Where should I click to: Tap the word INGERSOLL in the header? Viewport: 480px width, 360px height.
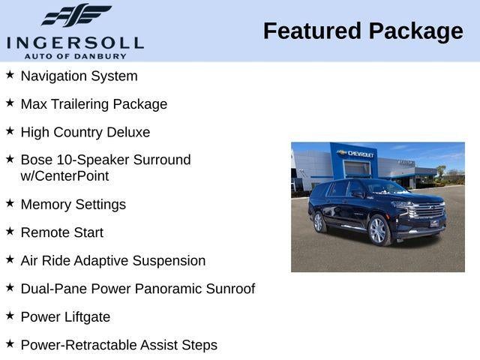tap(75, 42)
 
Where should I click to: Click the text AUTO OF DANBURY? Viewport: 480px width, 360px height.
tap(75, 56)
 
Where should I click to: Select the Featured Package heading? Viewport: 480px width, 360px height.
tap(363, 31)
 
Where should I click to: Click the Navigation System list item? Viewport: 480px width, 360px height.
tap(79, 76)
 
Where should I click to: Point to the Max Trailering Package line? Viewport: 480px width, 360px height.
tap(94, 104)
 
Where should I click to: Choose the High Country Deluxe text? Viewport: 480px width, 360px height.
tap(85, 133)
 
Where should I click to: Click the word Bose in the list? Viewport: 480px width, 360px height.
tap(37, 160)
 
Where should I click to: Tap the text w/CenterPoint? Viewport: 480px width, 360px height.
tap(64, 176)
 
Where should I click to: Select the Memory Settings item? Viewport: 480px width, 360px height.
tap(73, 205)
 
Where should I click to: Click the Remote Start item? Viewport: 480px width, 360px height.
tap(61, 232)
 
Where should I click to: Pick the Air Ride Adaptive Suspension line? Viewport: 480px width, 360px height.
tap(112, 261)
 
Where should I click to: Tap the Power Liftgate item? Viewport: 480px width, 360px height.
tap(65, 317)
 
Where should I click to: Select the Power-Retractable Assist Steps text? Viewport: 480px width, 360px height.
tap(118, 345)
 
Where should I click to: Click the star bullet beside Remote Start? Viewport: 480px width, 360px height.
tap(10, 231)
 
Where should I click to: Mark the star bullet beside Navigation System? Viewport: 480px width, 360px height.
tap(10, 74)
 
